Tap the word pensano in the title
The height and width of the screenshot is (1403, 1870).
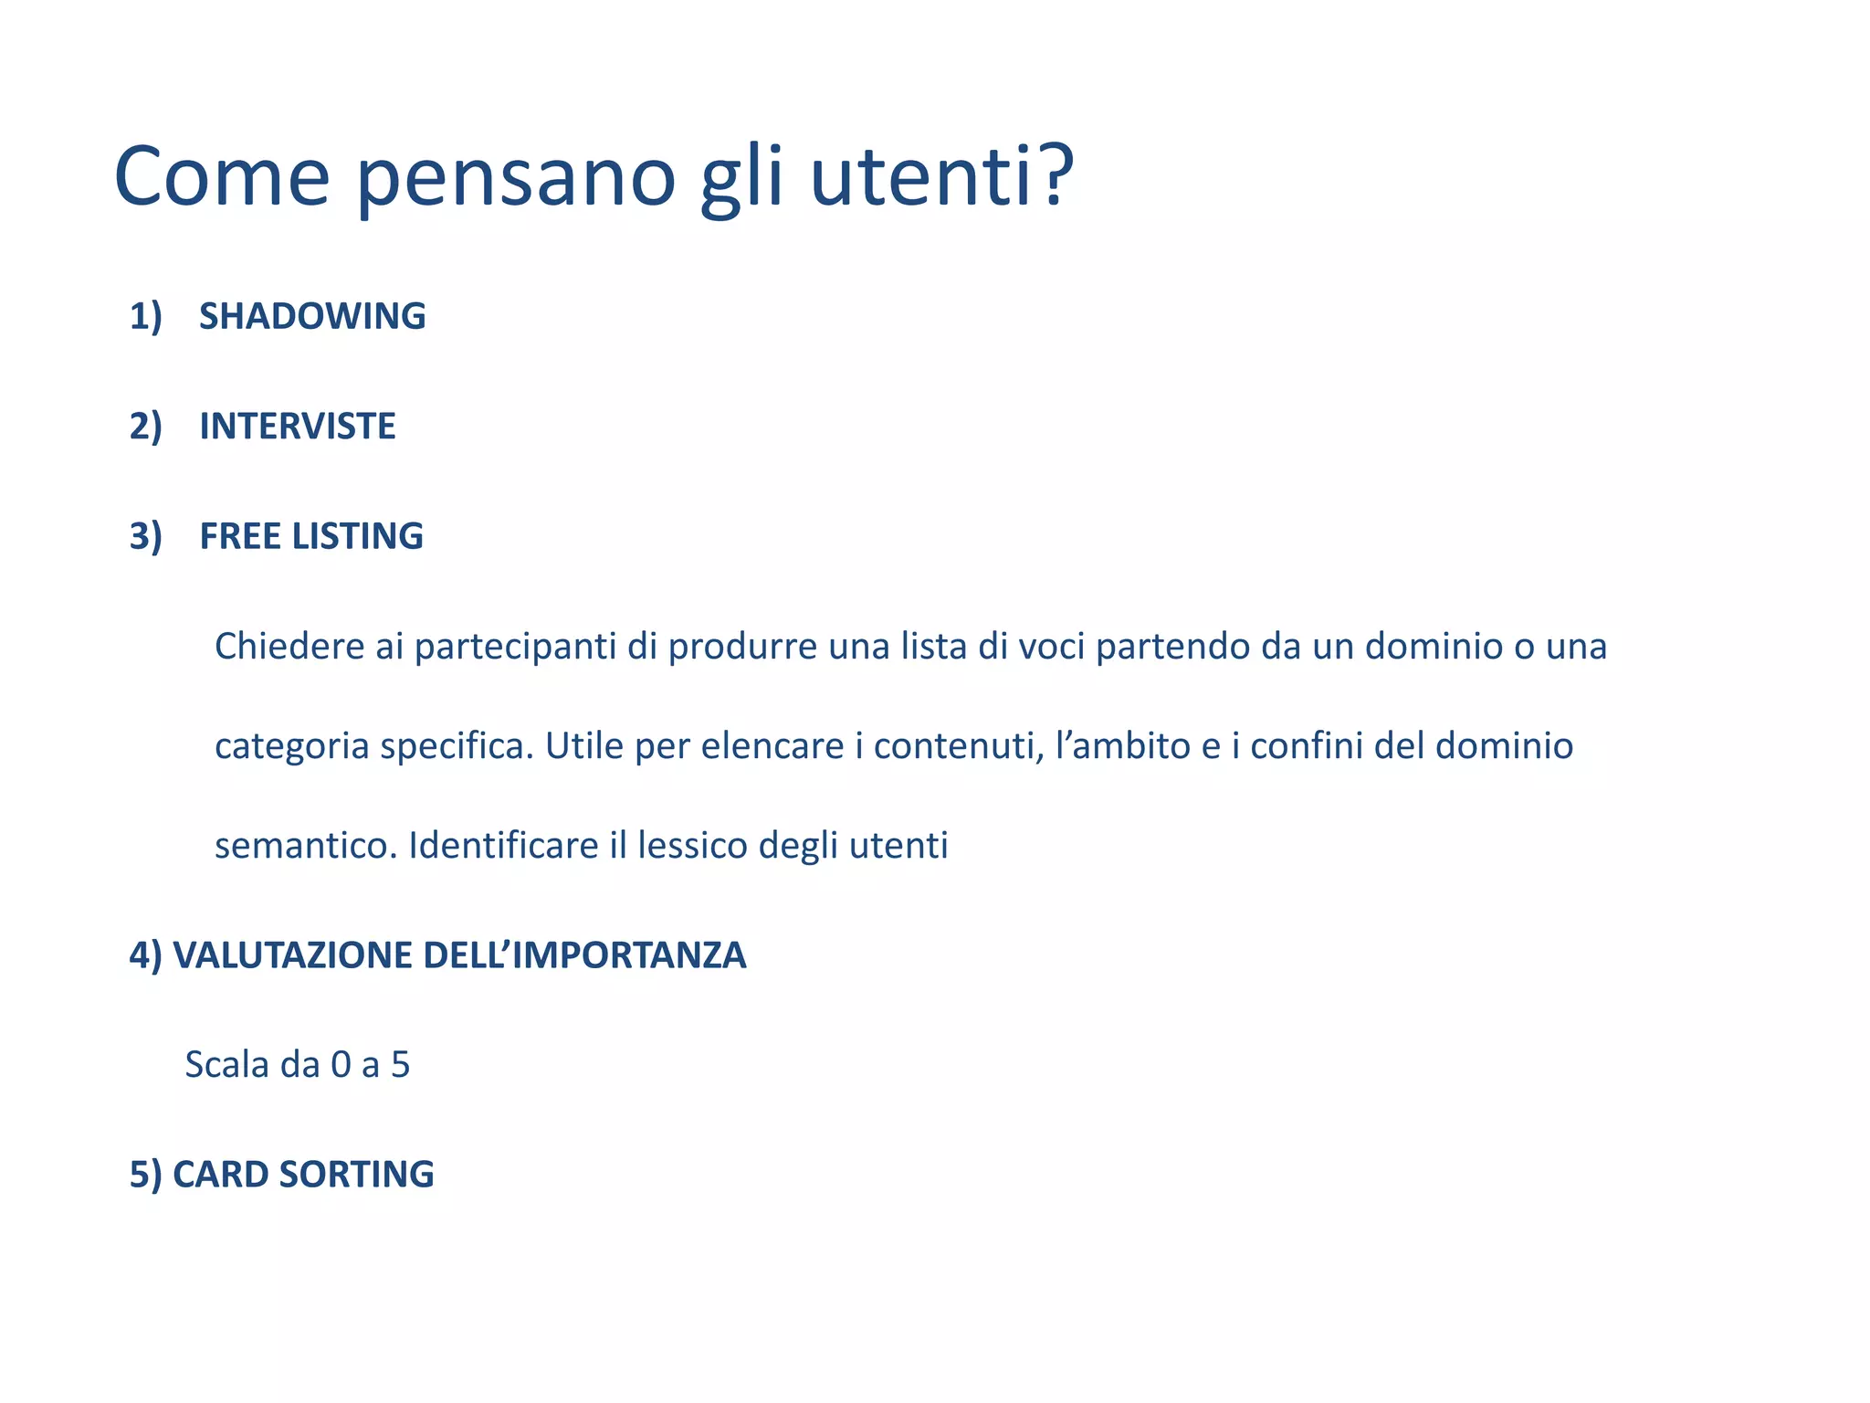click(x=515, y=178)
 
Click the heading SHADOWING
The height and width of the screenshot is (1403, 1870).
click(x=312, y=316)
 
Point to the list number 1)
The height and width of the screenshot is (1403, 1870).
click(x=145, y=316)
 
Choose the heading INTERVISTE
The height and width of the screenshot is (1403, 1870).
click(x=298, y=427)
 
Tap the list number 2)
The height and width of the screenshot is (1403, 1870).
click(x=145, y=427)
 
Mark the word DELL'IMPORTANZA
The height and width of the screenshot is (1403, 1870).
click(x=584, y=955)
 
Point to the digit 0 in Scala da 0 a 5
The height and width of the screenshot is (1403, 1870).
click(x=341, y=1065)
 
